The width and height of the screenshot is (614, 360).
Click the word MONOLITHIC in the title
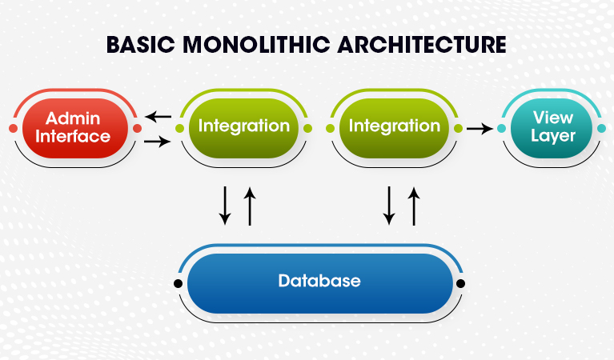pyautogui.click(x=256, y=44)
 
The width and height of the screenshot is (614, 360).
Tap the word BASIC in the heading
pyautogui.click(x=141, y=44)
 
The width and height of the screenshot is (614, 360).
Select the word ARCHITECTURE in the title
pyautogui.click(x=422, y=44)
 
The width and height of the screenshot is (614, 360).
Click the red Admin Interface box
pyautogui.click(x=75, y=128)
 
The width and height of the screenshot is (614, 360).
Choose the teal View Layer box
pyautogui.click(x=552, y=128)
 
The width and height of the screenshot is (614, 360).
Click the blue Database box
pyautogui.click(x=320, y=283)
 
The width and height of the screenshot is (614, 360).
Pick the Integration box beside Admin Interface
pyautogui.click(x=243, y=128)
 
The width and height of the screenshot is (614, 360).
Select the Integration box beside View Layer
pyautogui.click(x=394, y=128)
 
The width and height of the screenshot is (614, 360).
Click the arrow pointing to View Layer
pyautogui.click(x=480, y=128)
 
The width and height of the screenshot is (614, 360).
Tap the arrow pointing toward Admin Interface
pyautogui.click(x=159, y=116)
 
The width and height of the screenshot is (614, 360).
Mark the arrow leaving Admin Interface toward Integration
pyautogui.click(x=158, y=141)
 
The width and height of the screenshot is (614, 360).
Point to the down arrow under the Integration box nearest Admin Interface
pyautogui.click(x=225, y=206)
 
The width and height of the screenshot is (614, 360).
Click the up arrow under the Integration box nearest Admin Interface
pyautogui.click(x=250, y=206)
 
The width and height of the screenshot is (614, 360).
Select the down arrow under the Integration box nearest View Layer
pyautogui.click(x=389, y=206)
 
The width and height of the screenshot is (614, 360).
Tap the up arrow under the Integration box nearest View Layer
pyautogui.click(x=414, y=206)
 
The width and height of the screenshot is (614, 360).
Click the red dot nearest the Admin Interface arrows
pyautogui.click(x=137, y=128)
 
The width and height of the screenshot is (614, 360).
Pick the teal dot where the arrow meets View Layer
pyautogui.click(x=501, y=128)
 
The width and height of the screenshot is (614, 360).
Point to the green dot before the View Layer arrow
pyautogui.click(x=458, y=128)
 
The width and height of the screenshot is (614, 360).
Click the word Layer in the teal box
pyautogui.click(x=553, y=136)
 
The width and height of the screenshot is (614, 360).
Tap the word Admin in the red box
pyautogui.click(x=73, y=118)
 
